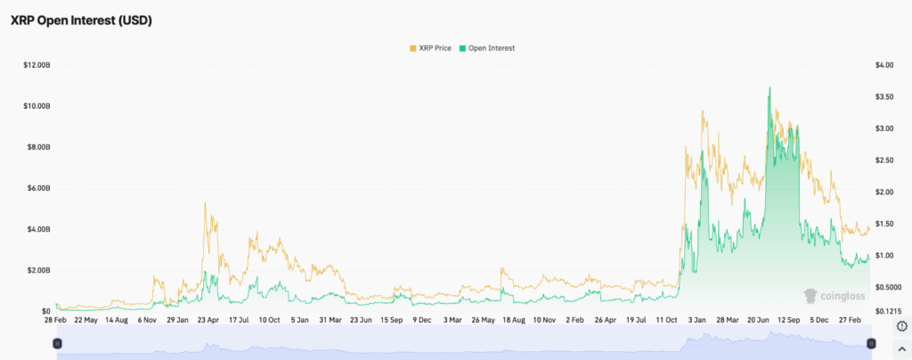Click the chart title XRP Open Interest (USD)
pos(81,20)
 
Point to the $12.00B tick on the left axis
pos(37,65)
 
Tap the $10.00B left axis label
pos(37,106)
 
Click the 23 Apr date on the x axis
pos(208,319)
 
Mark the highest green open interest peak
pos(769,87)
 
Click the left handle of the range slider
pos(57,343)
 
